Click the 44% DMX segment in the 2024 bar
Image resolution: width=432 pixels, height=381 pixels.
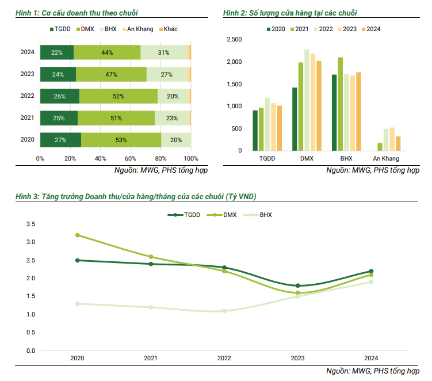pyautogui.click(x=106, y=52)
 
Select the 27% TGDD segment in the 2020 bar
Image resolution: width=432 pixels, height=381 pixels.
pyautogui.click(x=60, y=140)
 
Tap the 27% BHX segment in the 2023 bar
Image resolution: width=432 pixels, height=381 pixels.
pyautogui.click(x=167, y=74)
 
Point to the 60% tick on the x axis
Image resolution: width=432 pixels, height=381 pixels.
pyautogui.click(x=131, y=158)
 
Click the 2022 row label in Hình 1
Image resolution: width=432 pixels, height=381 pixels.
pyautogui.click(x=27, y=96)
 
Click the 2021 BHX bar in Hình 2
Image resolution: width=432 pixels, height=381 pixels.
pyautogui.click(x=341, y=104)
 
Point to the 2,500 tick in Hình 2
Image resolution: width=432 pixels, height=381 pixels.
pyautogui.click(x=235, y=40)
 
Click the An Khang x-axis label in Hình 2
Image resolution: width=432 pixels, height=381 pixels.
pyautogui.click(x=386, y=158)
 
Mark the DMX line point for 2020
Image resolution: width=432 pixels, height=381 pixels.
pyautogui.click(x=77, y=235)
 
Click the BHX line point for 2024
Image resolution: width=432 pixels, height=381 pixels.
pyautogui.click(x=371, y=282)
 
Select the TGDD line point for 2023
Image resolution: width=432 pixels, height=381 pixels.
pyautogui.click(x=297, y=285)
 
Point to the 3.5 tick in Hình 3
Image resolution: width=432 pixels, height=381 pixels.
pyautogui.click(x=31, y=224)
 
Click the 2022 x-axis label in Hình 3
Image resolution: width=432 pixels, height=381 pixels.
pyautogui.click(x=224, y=359)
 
